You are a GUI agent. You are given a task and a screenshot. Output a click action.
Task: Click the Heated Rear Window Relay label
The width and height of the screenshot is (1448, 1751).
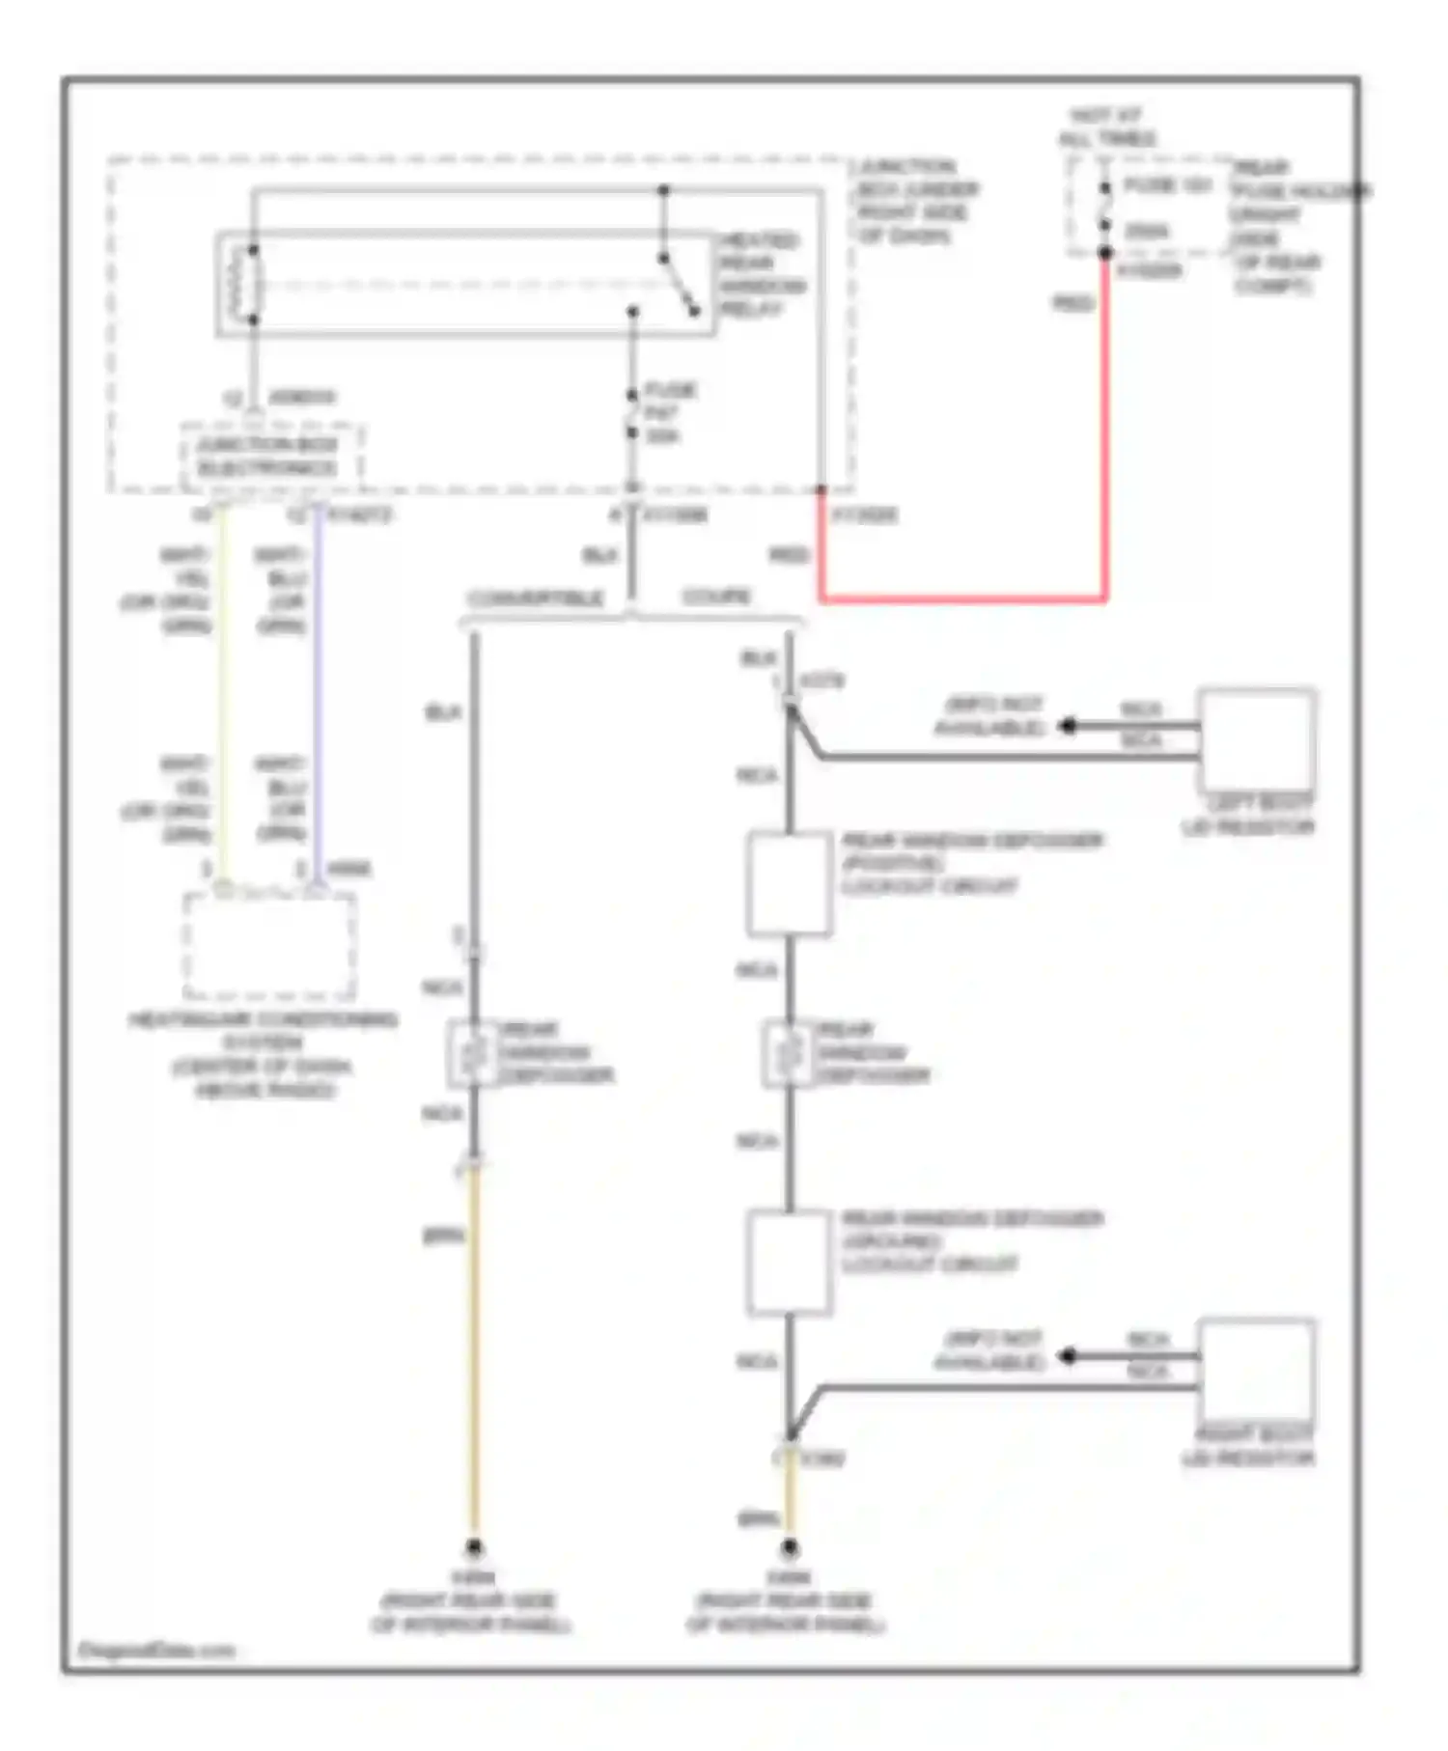tap(762, 274)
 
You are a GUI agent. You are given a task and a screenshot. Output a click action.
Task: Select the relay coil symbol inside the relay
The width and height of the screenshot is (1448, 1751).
tap(244, 285)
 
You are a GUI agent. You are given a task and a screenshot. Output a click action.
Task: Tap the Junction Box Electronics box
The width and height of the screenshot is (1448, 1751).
tap(269, 457)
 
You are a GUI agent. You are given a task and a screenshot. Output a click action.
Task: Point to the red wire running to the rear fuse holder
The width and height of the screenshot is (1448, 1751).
tap(1105, 434)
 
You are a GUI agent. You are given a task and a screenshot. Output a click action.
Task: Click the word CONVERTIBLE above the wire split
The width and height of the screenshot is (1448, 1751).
tap(535, 598)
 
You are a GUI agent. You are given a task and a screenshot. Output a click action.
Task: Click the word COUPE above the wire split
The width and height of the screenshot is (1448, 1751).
tap(716, 597)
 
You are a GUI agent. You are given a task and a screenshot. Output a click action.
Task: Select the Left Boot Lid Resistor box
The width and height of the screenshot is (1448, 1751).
tap(1256, 739)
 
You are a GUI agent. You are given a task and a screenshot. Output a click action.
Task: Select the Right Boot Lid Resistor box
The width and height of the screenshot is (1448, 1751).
tap(1256, 1369)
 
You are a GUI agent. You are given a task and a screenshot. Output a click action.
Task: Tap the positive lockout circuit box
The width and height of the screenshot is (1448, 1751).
tap(789, 884)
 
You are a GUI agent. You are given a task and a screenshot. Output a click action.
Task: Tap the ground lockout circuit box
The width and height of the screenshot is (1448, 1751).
tap(789, 1262)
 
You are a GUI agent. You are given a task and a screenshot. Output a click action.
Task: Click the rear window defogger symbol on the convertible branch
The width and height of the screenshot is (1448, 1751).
tap(473, 1053)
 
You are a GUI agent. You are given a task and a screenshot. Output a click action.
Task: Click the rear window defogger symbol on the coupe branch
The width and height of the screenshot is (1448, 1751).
tap(789, 1053)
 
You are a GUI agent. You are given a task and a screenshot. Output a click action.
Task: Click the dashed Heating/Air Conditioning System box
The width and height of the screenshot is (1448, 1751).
tap(269, 945)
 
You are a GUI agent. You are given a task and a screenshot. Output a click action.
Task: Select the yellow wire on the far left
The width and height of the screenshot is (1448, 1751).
tap(223, 695)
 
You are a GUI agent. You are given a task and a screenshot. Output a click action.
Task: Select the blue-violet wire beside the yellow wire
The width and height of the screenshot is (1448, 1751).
tap(318, 695)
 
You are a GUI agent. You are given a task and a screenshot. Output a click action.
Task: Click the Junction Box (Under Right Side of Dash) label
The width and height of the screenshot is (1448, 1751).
tap(915, 201)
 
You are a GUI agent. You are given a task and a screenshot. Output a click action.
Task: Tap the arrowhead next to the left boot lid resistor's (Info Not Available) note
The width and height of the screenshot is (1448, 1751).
tap(1067, 725)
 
